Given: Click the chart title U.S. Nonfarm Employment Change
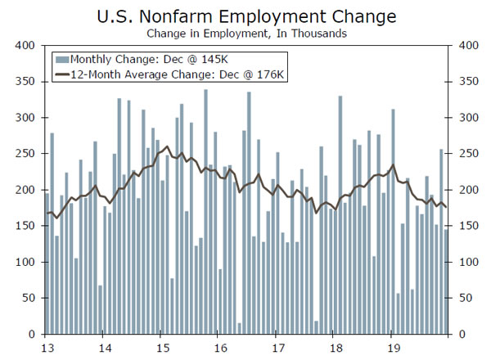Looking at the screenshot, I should (246, 16).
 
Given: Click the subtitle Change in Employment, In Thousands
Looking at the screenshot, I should (246, 34).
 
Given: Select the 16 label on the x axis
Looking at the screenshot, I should (218, 345).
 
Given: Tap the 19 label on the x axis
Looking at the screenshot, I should (391, 345).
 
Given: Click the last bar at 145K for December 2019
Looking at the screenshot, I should (446, 281).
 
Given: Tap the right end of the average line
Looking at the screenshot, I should (447, 207).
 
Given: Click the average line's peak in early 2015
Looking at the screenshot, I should (167, 147).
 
